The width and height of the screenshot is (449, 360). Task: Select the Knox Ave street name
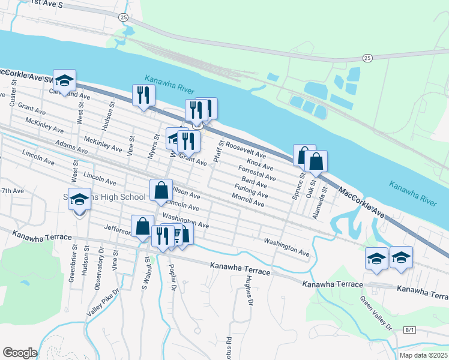pyautogui.click(x=260, y=164)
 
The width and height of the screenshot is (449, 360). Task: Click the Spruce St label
pyautogui.click(x=296, y=187)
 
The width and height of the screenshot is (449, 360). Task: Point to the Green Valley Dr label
pyautogui.click(x=376, y=312)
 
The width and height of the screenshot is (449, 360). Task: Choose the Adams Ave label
pyautogui.click(x=67, y=145)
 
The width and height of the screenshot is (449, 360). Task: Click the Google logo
pyautogui.click(x=19, y=352)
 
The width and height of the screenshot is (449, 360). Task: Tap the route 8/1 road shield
pyautogui.click(x=409, y=330)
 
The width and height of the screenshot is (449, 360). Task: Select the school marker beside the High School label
pyautogui.click(x=79, y=199)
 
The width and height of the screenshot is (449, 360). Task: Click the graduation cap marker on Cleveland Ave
pyautogui.click(x=64, y=79)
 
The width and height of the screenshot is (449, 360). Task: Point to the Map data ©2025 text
pyautogui.click(x=424, y=355)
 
